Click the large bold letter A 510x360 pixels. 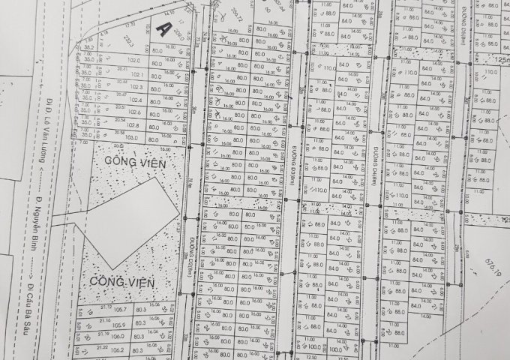point(163,28)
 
